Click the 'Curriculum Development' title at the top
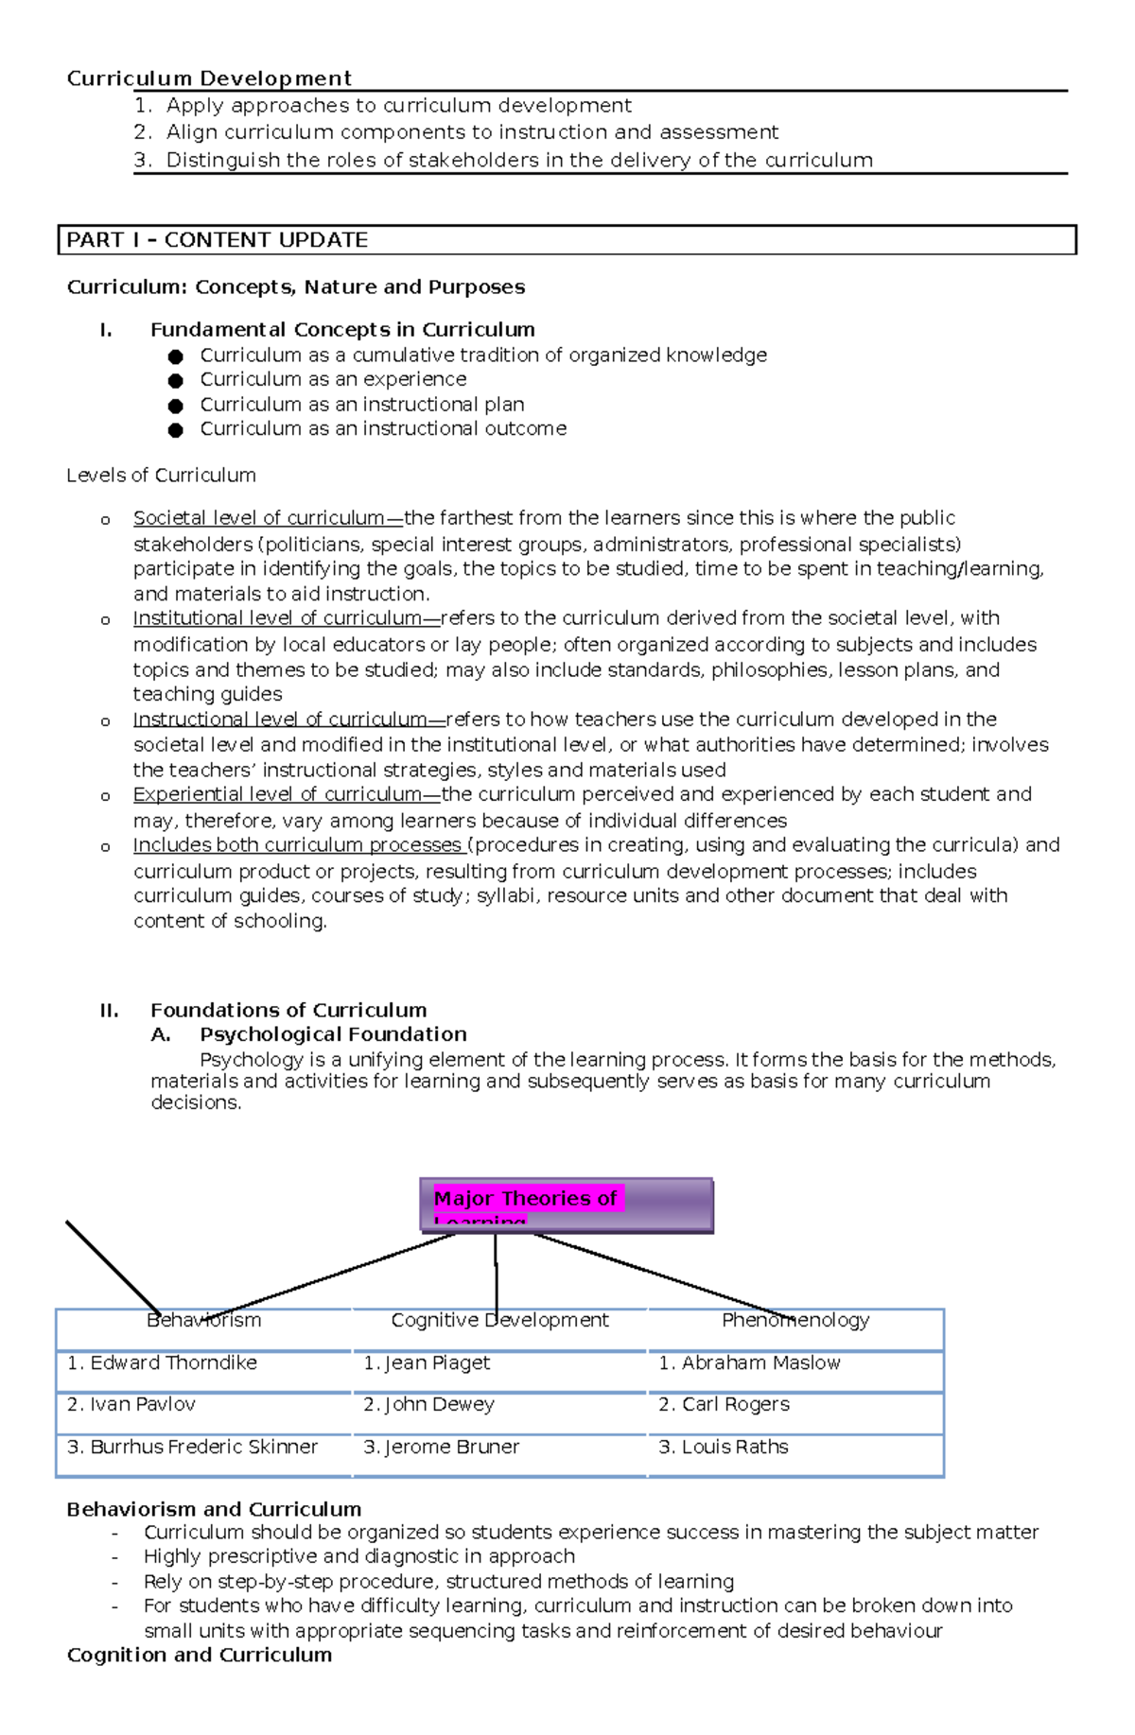[x=209, y=78]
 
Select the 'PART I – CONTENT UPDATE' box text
[x=218, y=240]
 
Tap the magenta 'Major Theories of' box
[x=526, y=1199]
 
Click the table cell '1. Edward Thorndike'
[x=163, y=1362]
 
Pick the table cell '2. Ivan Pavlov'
[x=131, y=1404]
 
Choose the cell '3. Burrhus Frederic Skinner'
[x=193, y=1447]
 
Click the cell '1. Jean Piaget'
[x=427, y=1362]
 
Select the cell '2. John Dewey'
[x=428, y=1404]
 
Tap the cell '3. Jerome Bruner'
[x=441, y=1447]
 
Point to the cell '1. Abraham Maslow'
[x=749, y=1362]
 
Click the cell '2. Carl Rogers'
[x=724, y=1404]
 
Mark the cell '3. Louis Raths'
[x=723, y=1447]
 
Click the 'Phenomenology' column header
[x=795, y=1320]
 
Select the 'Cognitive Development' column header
[x=499, y=1320]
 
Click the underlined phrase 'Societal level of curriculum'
[x=259, y=518]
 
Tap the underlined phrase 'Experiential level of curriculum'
[x=277, y=794]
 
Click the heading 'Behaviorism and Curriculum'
[x=214, y=1509]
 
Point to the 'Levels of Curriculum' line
[x=161, y=476]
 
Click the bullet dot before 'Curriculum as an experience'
[x=175, y=380]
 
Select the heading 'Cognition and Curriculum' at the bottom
[x=200, y=1655]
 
